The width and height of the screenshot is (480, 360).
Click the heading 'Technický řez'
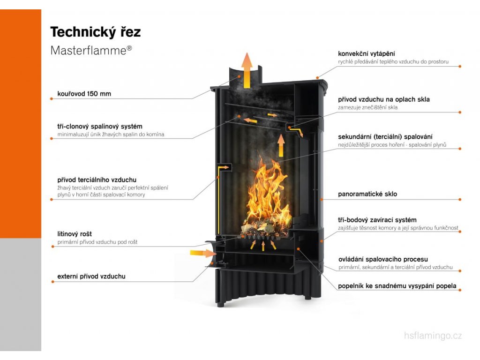tap(95, 32)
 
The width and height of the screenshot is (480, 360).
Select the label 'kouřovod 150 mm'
tap(84, 94)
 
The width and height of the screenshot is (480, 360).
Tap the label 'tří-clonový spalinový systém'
tap(100, 127)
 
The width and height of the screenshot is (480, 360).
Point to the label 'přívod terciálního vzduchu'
tap(97, 180)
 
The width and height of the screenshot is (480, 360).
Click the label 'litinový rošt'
tap(75, 234)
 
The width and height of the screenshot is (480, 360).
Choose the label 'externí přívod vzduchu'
tap(91, 277)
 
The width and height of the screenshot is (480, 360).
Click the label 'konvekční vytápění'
tap(369, 54)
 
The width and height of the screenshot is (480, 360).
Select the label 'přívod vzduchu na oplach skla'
tap(383, 99)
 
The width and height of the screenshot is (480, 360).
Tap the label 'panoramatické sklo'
tap(367, 194)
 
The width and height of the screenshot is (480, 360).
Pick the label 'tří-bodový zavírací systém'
tap(377, 220)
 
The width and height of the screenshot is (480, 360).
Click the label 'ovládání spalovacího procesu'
tap(382, 259)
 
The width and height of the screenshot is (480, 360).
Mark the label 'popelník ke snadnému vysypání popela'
tap(397, 286)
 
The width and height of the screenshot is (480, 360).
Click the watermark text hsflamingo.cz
tap(433, 336)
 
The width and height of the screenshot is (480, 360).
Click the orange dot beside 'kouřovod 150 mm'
tap(51, 98)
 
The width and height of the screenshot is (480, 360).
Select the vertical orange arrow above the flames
tap(281, 145)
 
